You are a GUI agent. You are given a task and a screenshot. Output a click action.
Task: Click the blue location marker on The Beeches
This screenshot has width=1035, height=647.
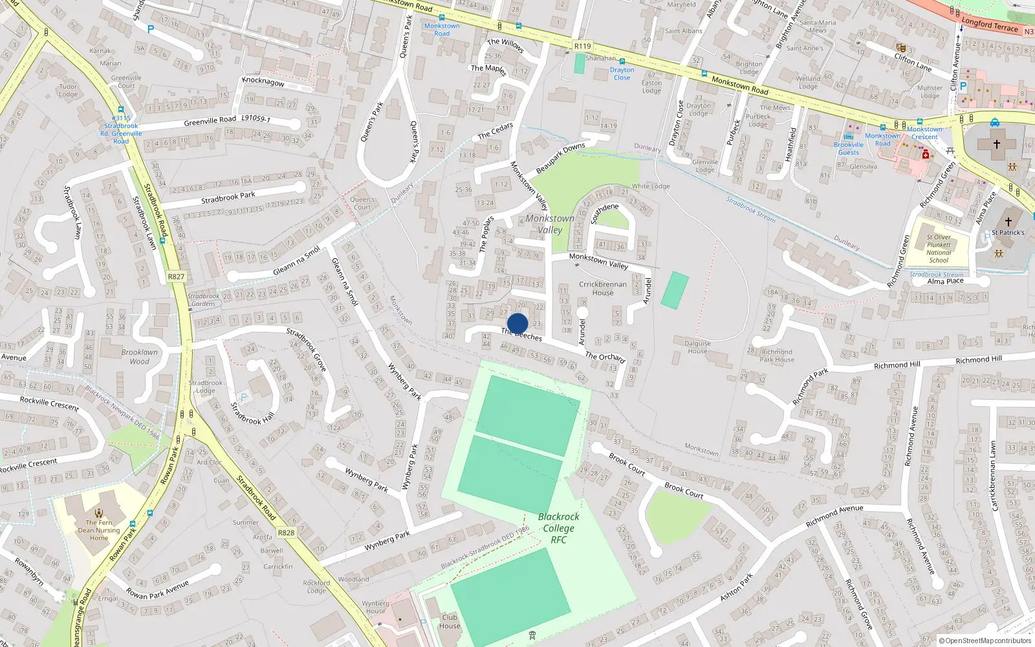[517, 323]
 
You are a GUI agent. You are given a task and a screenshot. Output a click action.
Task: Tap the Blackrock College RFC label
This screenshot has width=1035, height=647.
[558, 528]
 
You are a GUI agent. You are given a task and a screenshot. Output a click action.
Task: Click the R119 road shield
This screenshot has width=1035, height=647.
[582, 46]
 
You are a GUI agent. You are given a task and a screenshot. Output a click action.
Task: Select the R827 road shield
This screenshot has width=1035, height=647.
[176, 276]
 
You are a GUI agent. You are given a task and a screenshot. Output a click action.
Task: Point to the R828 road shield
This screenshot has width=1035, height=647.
[286, 532]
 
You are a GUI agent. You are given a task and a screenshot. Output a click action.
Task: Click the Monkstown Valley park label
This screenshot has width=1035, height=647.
[550, 224]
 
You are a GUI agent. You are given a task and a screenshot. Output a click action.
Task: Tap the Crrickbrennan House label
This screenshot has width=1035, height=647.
[602, 288]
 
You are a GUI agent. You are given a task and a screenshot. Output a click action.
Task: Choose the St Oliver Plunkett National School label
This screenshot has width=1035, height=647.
[939, 248]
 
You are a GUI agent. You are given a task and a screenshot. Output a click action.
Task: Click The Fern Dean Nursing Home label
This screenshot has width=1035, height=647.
[99, 530]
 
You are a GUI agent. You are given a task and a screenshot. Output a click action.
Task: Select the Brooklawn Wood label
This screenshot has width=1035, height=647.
[139, 356]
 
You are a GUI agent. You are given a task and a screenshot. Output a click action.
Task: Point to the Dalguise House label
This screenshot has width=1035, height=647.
[697, 347]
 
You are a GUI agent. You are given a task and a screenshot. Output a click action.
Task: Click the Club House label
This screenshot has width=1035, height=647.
[450, 621]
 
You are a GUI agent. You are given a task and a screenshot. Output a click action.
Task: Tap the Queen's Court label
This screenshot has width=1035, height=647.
[362, 203]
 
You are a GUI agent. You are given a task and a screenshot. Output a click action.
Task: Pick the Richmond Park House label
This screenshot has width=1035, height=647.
[776, 355]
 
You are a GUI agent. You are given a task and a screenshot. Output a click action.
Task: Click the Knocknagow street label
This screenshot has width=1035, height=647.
[263, 82]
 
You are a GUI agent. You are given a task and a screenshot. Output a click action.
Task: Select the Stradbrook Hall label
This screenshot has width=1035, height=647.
[252, 413]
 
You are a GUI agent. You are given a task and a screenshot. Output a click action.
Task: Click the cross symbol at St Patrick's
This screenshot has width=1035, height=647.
[1008, 221]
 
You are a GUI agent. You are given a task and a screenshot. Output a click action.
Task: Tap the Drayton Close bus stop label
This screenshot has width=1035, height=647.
[622, 74]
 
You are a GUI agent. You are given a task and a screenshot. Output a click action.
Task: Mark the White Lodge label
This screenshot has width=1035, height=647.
[651, 186]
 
